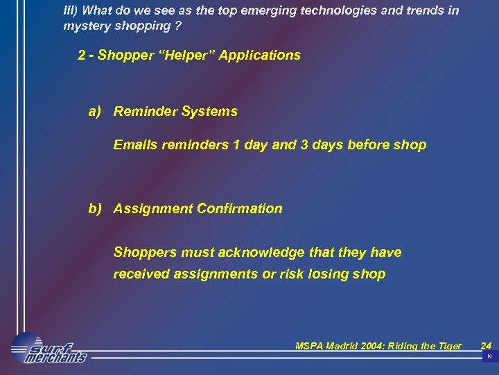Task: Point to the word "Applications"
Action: pos(260,55)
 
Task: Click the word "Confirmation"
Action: pos(240,208)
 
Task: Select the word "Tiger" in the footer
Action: pos(447,346)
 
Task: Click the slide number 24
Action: pos(486,345)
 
